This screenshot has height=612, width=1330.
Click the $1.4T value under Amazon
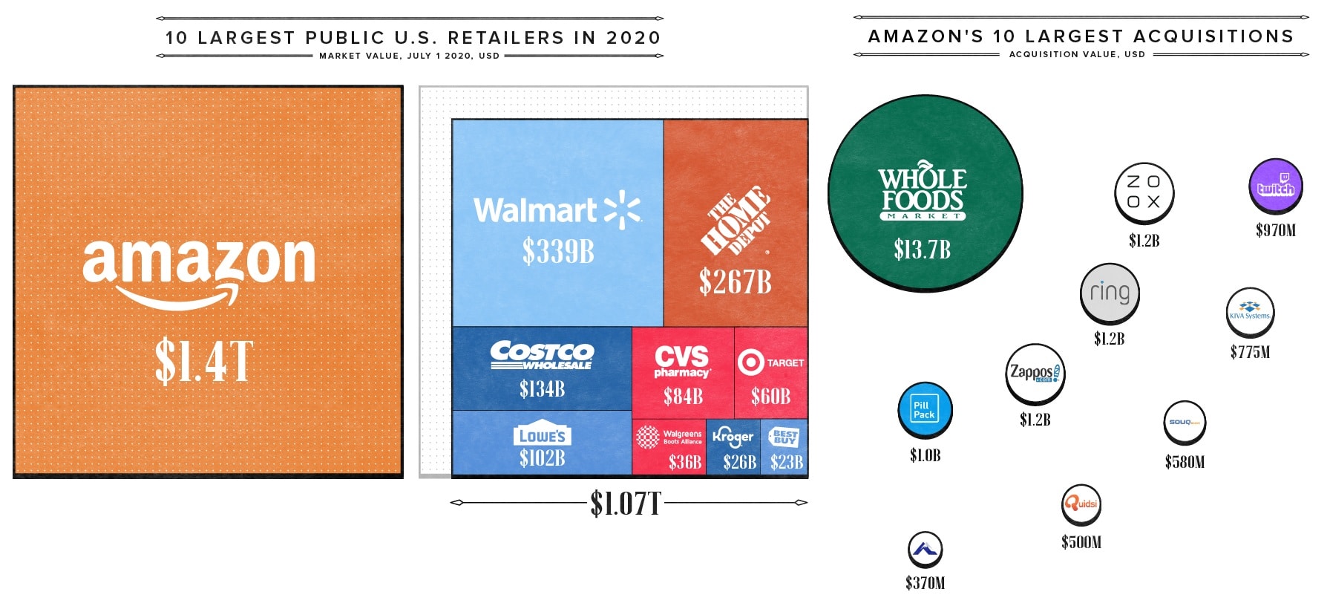click(x=204, y=362)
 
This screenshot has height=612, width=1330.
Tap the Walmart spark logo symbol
click(x=622, y=209)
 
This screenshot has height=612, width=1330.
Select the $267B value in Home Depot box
click(x=735, y=282)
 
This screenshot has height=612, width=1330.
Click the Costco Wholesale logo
click(x=542, y=354)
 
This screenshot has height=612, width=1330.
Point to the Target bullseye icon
click(x=750, y=362)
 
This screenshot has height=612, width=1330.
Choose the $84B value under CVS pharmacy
click(x=683, y=397)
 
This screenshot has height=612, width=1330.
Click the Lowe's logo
click(x=542, y=435)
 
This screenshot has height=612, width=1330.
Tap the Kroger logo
click(x=733, y=437)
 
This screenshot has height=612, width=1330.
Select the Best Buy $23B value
click(x=786, y=463)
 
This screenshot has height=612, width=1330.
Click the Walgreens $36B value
click(x=684, y=463)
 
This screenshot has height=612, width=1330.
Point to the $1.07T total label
click(x=625, y=504)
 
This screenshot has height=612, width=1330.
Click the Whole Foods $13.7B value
click(x=922, y=250)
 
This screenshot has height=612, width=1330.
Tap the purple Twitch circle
click(x=1275, y=186)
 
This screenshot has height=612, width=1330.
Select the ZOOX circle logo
click(x=1144, y=192)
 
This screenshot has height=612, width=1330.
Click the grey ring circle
click(x=1109, y=293)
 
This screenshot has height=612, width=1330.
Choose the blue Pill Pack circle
click(x=924, y=410)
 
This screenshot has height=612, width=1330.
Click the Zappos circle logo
click(x=1035, y=373)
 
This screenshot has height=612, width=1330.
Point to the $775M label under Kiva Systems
click(x=1250, y=352)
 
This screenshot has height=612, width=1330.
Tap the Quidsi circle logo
click(x=1081, y=504)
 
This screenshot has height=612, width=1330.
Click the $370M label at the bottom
click(x=925, y=584)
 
